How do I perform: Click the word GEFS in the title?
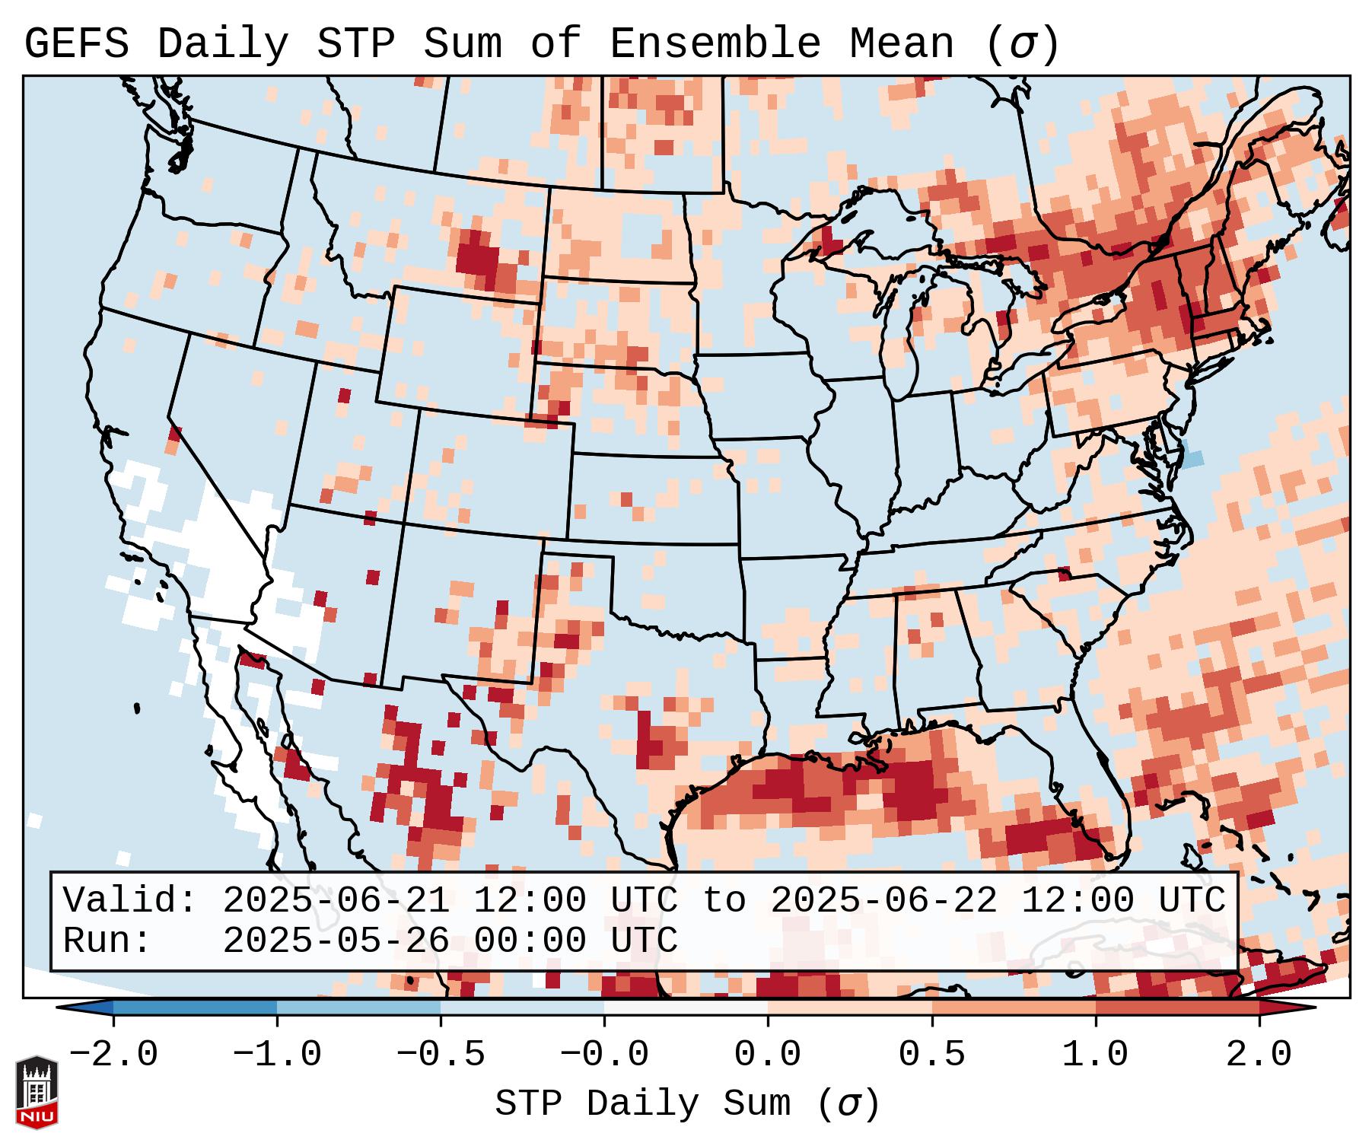(x=76, y=43)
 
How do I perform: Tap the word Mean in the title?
(x=901, y=43)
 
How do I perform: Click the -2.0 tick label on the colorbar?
(x=113, y=1055)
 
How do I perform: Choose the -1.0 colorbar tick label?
(x=277, y=1055)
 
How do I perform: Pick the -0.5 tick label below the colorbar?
(x=441, y=1055)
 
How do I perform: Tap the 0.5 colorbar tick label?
(x=931, y=1055)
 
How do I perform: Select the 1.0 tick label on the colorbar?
(x=1095, y=1055)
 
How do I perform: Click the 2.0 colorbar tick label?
(x=1259, y=1055)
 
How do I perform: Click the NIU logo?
(x=37, y=1092)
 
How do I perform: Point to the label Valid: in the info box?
(x=130, y=901)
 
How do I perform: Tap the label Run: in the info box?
(x=107, y=941)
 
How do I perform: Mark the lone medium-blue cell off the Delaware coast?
(x=1192, y=458)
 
